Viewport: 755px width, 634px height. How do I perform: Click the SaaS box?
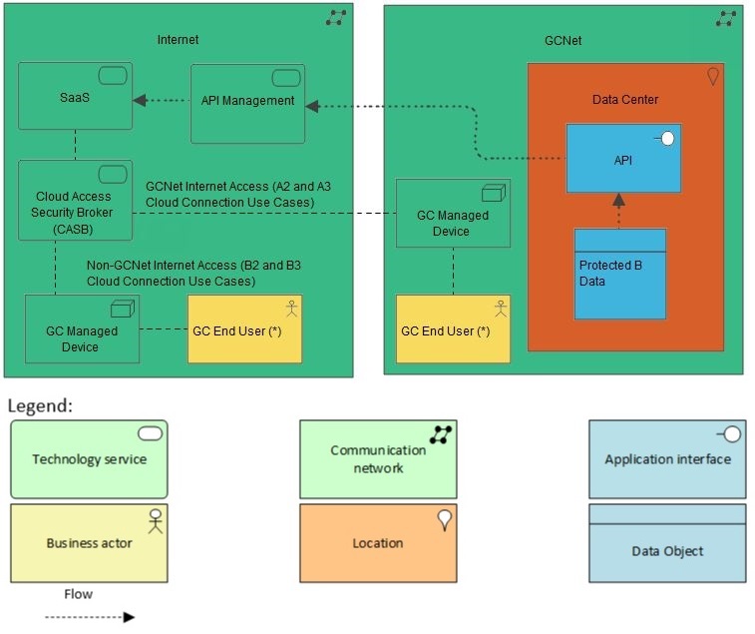[x=75, y=97]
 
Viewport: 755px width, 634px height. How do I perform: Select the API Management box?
[x=247, y=103]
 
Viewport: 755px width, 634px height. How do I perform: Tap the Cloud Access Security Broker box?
[x=75, y=201]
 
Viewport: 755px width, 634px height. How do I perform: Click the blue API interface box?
[x=623, y=159]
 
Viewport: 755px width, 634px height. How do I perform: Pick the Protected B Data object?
[x=619, y=275]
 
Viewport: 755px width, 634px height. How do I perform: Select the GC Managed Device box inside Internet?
[x=82, y=329]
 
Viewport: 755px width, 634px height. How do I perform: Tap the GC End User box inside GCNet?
[x=453, y=329]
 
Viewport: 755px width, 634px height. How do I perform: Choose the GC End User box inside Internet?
[x=244, y=329]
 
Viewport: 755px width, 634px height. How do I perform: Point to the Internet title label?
[x=179, y=40]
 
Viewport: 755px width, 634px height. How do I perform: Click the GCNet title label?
[x=563, y=41]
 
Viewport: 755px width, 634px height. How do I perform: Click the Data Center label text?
[x=624, y=100]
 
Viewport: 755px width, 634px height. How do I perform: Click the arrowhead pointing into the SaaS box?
[x=141, y=100]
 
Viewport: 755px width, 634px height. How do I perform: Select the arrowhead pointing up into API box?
[x=618, y=200]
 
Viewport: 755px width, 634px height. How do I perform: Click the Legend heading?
[x=39, y=406]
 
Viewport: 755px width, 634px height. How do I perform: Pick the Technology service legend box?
[x=89, y=459]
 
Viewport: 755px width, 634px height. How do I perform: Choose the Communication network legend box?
[x=378, y=459]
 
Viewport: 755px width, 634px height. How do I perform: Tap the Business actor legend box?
[x=89, y=543]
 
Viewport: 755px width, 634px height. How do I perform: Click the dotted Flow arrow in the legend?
[x=89, y=617]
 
